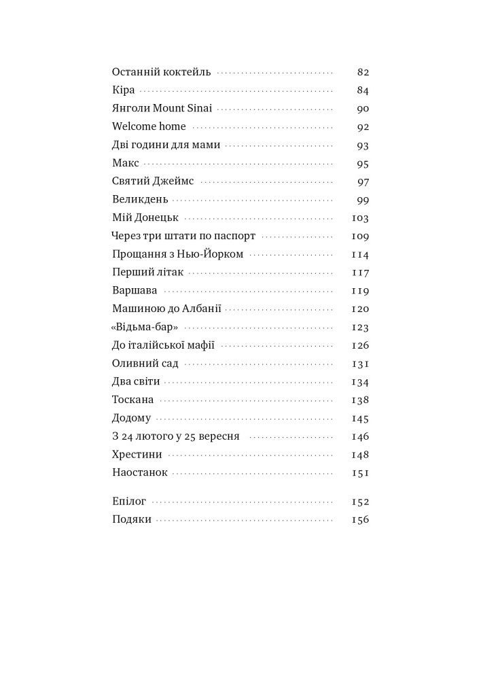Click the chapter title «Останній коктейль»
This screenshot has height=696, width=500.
162,71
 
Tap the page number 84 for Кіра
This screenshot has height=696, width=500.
362,90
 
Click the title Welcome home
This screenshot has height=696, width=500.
149,126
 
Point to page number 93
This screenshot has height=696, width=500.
362,145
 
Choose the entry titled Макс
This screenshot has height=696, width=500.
125,163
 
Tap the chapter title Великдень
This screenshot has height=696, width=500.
139,200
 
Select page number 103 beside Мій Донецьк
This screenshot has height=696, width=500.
360,218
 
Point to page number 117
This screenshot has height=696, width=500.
360,273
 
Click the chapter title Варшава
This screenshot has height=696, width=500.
135,291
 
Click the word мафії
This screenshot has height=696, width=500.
198,345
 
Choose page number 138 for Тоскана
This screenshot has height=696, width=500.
360,400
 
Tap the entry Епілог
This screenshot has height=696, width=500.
129,502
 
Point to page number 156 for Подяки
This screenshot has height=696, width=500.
360,520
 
